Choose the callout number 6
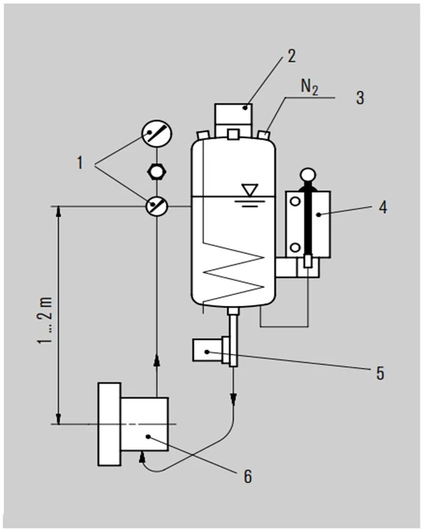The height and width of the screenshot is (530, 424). (x=248, y=476)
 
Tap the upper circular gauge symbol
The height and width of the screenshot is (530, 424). (x=156, y=136)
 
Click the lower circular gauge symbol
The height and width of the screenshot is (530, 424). (x=156, y=205)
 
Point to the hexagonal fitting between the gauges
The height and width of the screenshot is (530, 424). (x=156, y=171)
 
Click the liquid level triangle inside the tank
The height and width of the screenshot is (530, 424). (x=248, y=190)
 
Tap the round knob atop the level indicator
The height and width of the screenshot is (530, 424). (x=308, y=174)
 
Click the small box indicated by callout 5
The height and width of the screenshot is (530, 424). (x=207, y=351)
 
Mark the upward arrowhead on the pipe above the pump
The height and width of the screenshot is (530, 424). (x=156, y=361)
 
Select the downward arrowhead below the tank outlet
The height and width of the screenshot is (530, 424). (x=233, y=398)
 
